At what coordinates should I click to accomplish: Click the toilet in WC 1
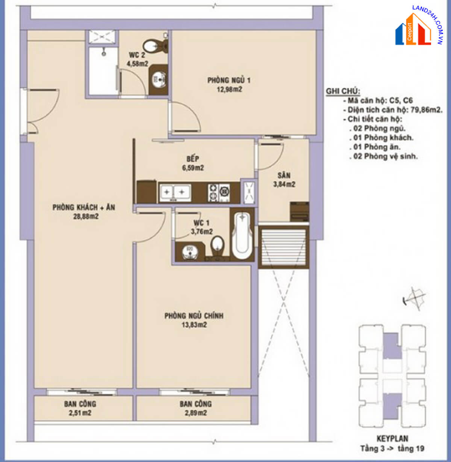tap(218, 247)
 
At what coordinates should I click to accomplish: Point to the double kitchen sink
tap(175, 192)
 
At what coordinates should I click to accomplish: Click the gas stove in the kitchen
tap(219, 192)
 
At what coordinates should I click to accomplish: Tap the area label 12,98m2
tap(229, 89)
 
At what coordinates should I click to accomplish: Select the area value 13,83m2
tap(194, 324)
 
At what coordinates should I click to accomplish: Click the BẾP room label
tap(193, 159)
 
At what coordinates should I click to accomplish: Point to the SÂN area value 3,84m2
tap(284, 184)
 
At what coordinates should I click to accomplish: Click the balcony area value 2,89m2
tap(196, 413)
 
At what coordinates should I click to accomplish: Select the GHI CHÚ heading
tap(343, 91)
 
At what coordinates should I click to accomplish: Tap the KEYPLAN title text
tap(392, 438)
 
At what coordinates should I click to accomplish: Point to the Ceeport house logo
tap(413, 30)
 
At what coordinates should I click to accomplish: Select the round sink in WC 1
tap(190, 252)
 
